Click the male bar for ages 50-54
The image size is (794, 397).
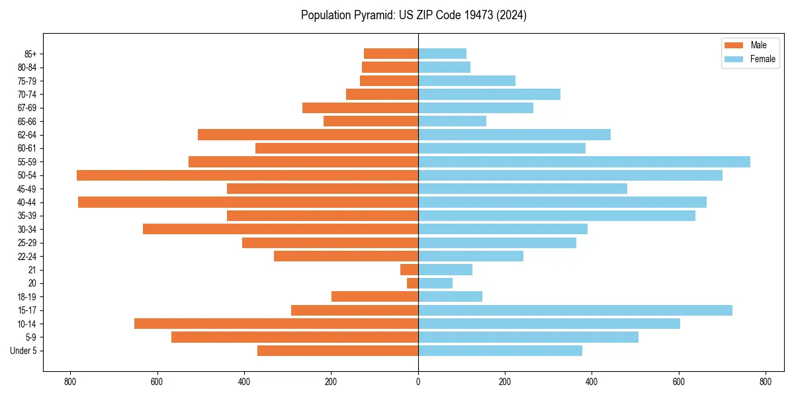pos(247,175)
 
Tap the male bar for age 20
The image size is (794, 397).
pos(412,283)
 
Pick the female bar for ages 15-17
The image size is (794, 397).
pos(575,310)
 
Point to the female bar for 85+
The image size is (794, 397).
pos(442,54)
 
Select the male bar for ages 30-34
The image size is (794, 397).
pos(281,229)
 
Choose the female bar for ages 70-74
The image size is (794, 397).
pos(489,95)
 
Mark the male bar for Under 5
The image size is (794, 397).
pos(337,351)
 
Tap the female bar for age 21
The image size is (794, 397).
pos(445,270)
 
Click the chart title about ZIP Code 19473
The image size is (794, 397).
pos(414,15)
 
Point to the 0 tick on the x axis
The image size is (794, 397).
pos(418,382)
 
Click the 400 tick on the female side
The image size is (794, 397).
pos(592,382)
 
